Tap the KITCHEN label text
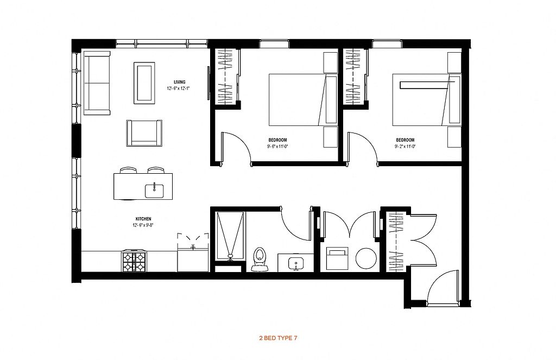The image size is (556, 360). tap(143, 219)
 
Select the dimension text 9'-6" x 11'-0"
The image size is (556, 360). tap(277, 146)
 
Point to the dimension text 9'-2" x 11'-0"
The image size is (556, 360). tap(405, 146)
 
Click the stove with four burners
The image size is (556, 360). tap(134, 261)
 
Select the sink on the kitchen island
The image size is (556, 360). tap(154, 191)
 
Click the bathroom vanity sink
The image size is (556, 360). tap(295, 264)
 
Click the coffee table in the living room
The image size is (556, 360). tap(144, 83)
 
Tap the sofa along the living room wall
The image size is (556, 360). tap(97, 83)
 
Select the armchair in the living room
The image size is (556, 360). tap(144, 133)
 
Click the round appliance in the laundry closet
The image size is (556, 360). tap(367, 258)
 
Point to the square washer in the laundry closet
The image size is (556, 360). tap(337, 258)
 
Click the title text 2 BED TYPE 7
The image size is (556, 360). tap(279, 338)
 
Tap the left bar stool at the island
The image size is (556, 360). tap(128, 170)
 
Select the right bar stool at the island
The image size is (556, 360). tap(156, 170)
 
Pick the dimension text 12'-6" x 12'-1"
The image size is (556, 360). tap(179, 89)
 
